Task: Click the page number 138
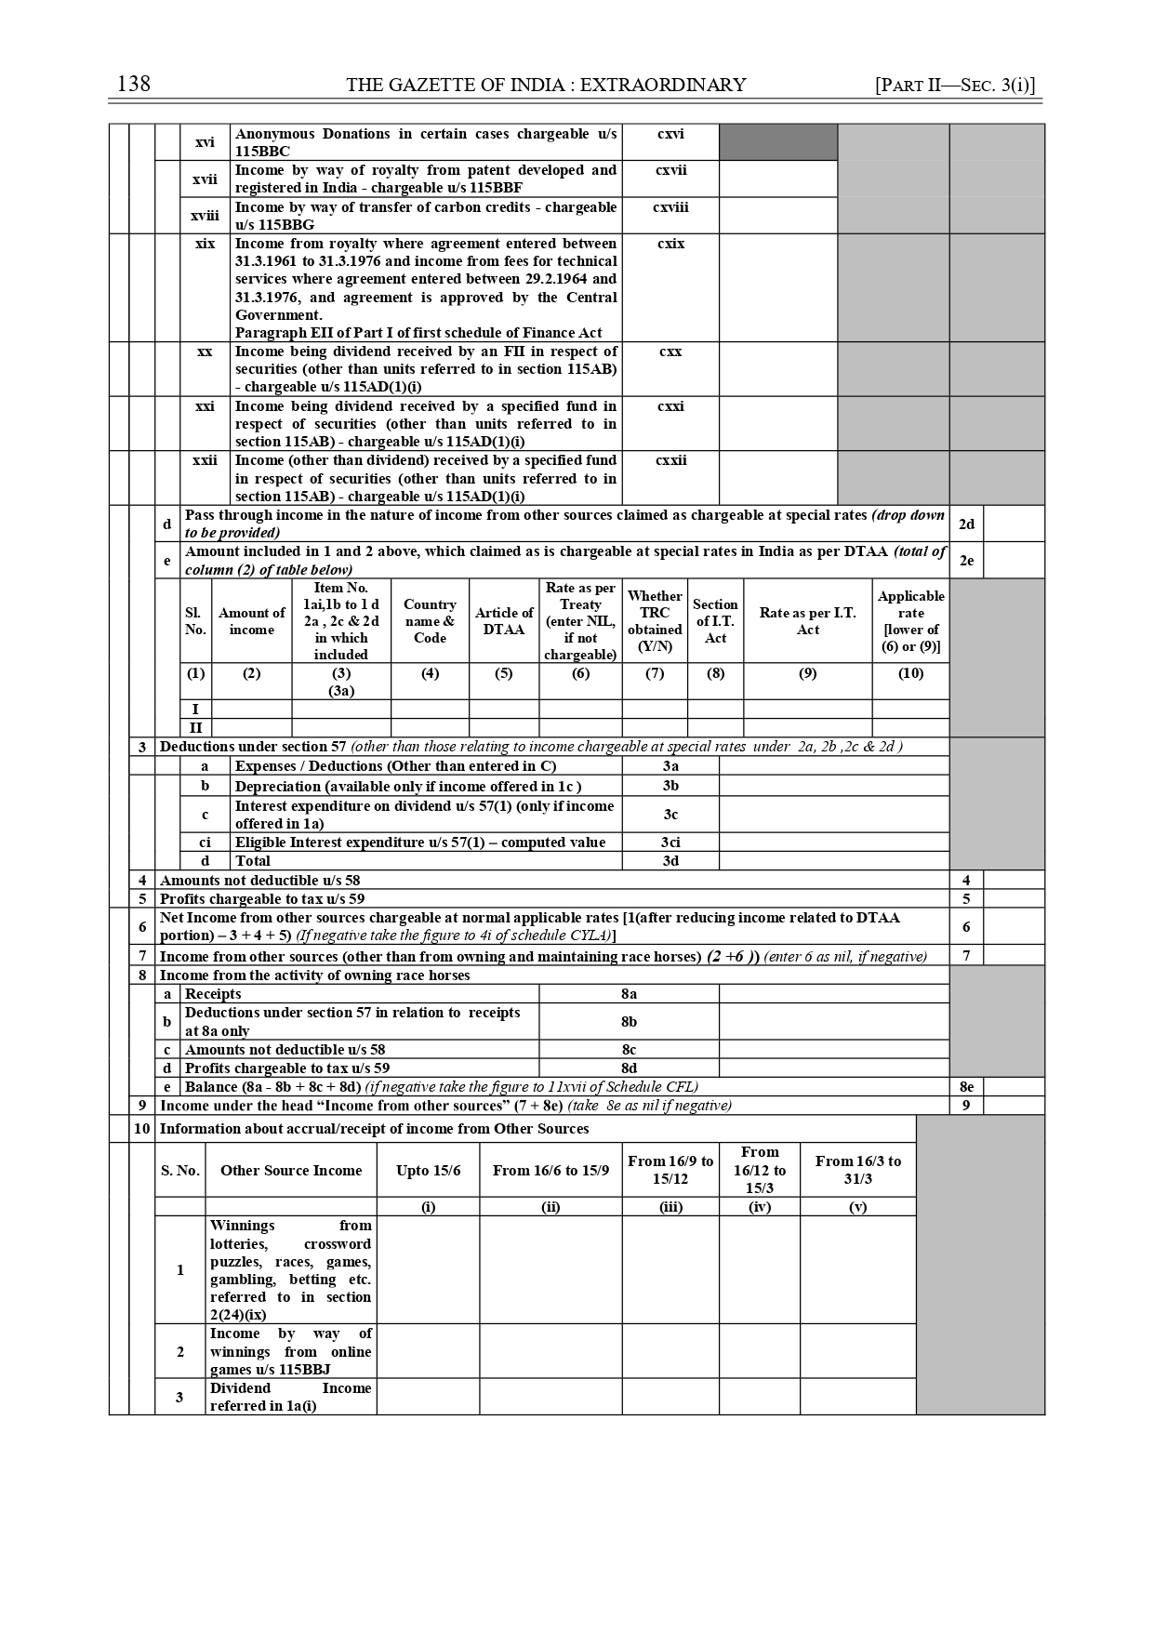[134, 85]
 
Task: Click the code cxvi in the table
[670, 134]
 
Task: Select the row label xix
[205, 244]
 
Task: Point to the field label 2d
[966, 524]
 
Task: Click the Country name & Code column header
[430, 620]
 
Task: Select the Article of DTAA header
[504, 620]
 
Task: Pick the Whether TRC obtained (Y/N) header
[655, 620]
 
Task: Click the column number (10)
[910, 673]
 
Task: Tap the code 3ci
[670, 843]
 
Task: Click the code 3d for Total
[670, 861]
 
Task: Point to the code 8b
[629, 1021]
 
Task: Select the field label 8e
[966, 1086]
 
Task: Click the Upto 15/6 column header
[428, 1170]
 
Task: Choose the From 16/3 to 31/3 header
[857, 1170]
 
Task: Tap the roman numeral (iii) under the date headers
[670, 1207]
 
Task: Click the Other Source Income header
[291, 1170]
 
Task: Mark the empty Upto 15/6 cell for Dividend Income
[428, 1397]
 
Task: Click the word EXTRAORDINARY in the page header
[662, 85]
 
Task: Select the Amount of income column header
[251, 620]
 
